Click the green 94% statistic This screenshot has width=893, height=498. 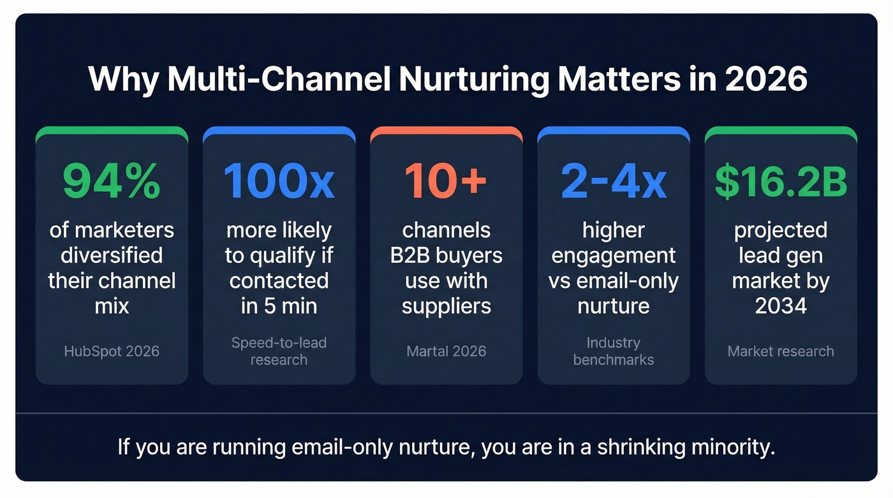[x=112, y=182]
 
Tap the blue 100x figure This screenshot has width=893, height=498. [x=279, y=182]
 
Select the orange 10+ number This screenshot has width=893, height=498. [x=446, y=182]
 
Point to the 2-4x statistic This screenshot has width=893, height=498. [x=614, y=182]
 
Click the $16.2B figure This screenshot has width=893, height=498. [x=781, y=182]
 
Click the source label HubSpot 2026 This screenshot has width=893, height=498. [x=112, y=351]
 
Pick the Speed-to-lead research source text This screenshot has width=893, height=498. [x=279, y=351]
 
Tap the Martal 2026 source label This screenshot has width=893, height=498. [x=447, y=351]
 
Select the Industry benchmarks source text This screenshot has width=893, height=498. [x=614, y=351]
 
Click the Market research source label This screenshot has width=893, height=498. [x=781, y=351]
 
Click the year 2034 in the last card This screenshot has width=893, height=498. [x=781, y=306]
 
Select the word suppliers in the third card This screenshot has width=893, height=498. [x=447, y=306]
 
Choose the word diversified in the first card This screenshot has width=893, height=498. [x=112, y=255]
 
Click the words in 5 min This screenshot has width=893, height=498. [x=279, y=306]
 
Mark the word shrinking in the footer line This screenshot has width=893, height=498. [x=638, y=446]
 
